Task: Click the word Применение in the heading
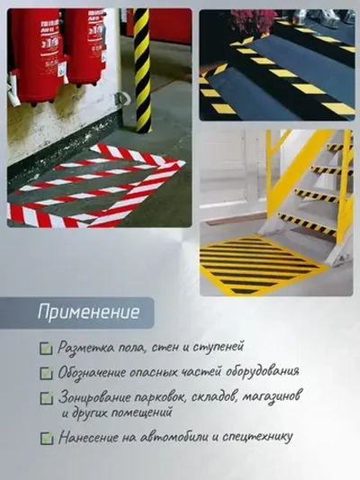pos(88,313)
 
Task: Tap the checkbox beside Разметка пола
pos(46,348)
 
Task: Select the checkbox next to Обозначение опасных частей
pos(46,372)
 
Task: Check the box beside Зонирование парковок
pos(46,397)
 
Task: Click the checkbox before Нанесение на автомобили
pos(46,438)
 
